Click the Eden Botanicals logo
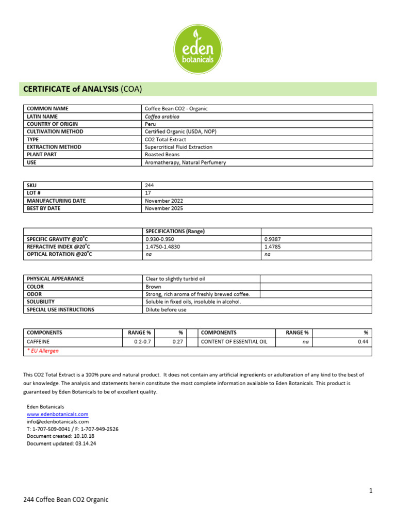point(197,49)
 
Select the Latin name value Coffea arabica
point(162,117)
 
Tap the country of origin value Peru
point(151,124)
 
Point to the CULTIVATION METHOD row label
point(55,131)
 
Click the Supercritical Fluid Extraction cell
point(178,147)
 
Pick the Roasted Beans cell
point(162,155)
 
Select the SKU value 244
point(150,185)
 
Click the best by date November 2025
point(164,208)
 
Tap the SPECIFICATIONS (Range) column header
point(175,232)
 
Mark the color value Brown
point(153,287)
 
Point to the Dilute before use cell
point(166,310)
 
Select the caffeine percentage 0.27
point(177,341)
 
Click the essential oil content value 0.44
point(364,341)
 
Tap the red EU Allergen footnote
point(43,351)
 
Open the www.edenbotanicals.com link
point(57,414)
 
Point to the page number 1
point(370,491)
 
